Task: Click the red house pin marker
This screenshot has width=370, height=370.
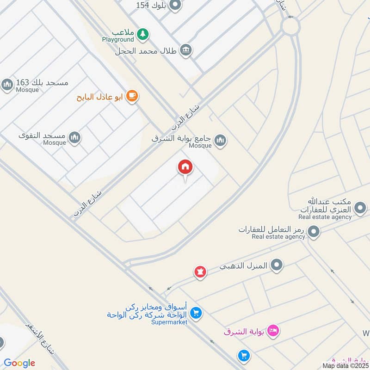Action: point(185,167)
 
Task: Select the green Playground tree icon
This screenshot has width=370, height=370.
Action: point(144,33)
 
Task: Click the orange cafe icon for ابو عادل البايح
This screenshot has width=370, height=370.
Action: point(132,96)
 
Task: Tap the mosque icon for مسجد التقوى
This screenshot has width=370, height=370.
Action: point(74,137)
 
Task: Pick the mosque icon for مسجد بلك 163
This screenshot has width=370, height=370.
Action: point(7,85)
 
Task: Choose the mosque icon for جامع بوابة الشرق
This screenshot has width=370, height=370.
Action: point(221,140)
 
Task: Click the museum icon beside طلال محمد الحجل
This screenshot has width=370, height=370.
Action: point(186,50)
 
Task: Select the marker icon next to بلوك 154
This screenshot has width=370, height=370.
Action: point(175,6)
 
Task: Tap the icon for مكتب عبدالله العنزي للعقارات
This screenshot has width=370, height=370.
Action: point(360,206)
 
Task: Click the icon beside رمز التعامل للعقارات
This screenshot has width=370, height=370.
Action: point(314,231)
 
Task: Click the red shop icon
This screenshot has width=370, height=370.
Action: point(200,271)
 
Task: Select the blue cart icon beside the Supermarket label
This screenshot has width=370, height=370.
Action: point(196,314)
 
